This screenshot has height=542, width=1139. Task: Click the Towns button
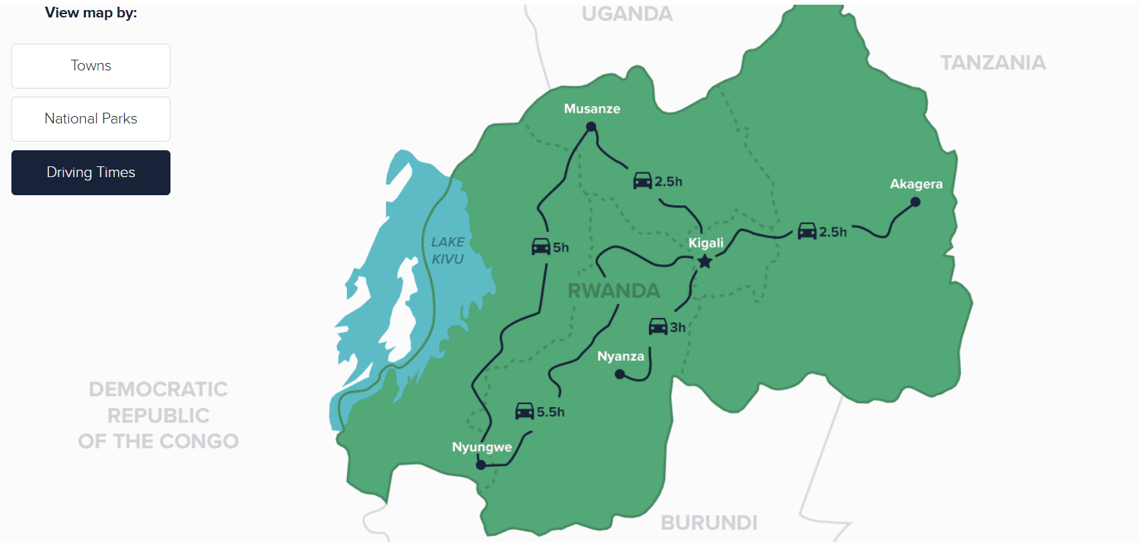pos(91,66)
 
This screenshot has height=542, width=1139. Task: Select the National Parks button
pos(91,119)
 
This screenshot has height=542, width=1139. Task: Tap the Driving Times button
pos(91,172)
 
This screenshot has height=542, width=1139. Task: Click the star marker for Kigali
pos(704,262)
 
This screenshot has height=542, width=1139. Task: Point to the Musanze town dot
pos(591,127)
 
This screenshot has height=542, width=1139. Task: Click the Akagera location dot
pos(915,202)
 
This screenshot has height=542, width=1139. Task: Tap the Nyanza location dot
pos(620,374)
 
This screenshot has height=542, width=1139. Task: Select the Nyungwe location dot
pos(481,464)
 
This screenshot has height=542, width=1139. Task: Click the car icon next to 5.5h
pos(524,411)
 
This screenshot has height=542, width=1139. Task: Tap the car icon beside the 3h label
pos(658,327)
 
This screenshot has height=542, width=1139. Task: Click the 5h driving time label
pos(561,248)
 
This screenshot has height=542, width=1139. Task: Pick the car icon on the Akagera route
pos(807,231)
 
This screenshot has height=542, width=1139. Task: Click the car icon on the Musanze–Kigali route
pos(642,180)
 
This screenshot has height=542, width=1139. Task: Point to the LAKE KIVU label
pos(448,250)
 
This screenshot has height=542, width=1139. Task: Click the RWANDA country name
pos(613,290)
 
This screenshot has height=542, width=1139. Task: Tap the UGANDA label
pos(627,14)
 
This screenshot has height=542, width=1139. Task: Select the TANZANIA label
pos(993,63)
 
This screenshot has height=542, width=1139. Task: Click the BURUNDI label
pos(709,523)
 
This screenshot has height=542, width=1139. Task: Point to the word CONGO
pos(199,441)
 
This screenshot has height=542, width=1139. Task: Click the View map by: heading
pos(91,13)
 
